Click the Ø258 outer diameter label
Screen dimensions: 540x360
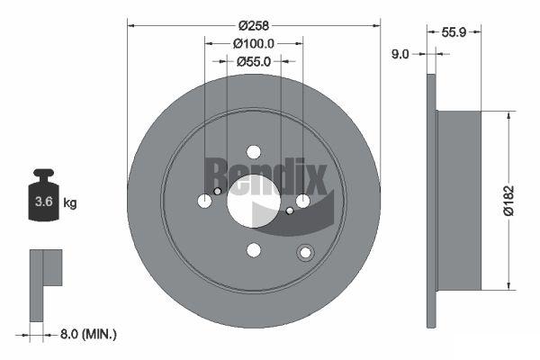pos(254,25)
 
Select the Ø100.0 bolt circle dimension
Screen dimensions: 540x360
pos(254,44)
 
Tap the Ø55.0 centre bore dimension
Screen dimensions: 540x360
pos(254,62)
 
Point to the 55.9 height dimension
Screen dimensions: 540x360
pos(454,32)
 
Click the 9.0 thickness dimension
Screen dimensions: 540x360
pos(400,54)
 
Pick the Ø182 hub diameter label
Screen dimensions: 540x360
pos(508,201)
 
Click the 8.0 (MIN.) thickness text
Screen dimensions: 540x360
pos(88,334)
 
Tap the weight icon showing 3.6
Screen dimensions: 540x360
pos(44,195)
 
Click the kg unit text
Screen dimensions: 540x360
pos(70,202)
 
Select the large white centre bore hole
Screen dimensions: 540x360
pos(254,202)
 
